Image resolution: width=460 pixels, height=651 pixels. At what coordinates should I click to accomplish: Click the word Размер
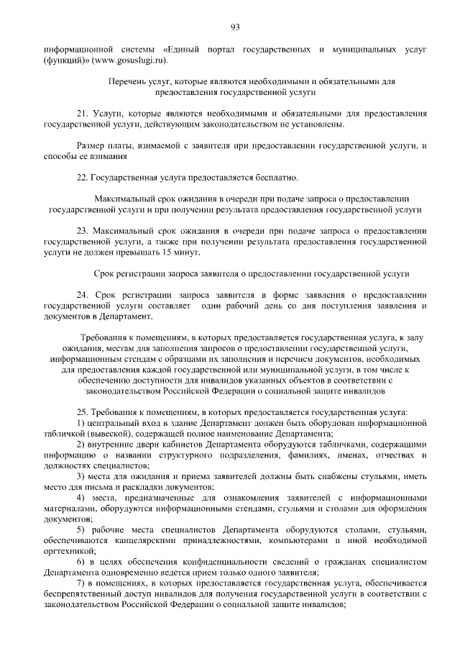91,146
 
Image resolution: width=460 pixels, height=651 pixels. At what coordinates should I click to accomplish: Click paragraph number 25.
82,412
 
